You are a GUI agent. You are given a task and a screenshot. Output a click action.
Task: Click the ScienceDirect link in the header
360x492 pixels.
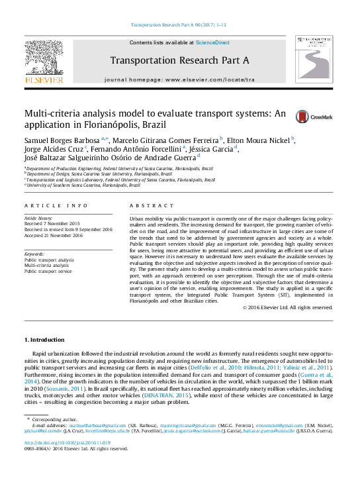[x=212, y=42]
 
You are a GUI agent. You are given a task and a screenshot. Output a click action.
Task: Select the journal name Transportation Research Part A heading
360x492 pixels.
[x=179, y=60]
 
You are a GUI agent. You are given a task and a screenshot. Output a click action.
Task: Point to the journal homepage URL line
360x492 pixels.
[x=179, y=79]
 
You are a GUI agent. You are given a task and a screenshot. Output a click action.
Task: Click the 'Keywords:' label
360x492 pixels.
[x=34, y=254]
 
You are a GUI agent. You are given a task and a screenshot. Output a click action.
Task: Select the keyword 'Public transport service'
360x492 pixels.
[x=48, y=271]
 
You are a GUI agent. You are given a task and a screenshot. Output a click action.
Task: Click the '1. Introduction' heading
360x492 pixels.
[x=45, y=340]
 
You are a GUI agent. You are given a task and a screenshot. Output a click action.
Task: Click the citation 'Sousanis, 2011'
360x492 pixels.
[x=64, y=388]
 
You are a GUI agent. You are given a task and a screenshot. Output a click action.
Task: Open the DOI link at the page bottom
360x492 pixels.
[x=67, y=442]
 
